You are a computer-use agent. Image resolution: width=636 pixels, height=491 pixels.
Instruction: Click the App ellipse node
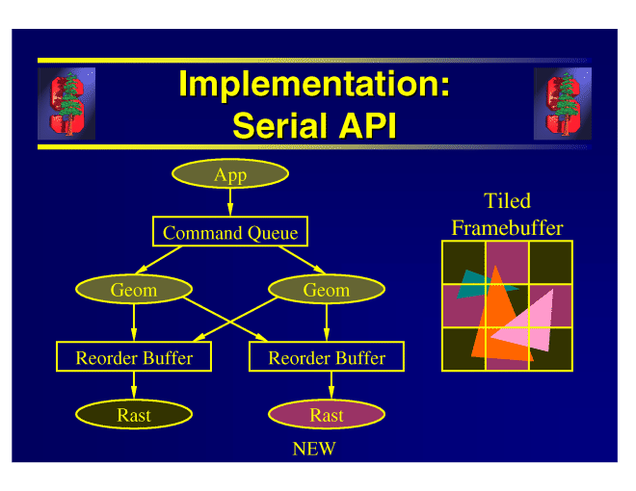tap(230, 174)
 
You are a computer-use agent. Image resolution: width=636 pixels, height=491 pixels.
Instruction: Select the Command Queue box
tap(230, 232)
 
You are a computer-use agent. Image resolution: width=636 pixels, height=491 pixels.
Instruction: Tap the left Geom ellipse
tap(133, 290)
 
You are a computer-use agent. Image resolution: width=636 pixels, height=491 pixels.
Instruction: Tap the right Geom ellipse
tap(326, 290)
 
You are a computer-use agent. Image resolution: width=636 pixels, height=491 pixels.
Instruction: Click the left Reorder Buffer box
tap(134, 357)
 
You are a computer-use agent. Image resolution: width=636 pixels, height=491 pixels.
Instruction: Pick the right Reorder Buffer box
tap(327, 357)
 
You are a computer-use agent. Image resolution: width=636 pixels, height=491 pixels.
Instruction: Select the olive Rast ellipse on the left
tap(134, 415)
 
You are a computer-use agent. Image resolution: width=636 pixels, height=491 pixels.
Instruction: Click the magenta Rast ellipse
tap(327, 415)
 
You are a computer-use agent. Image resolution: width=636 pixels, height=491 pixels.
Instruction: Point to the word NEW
tap(314, 449)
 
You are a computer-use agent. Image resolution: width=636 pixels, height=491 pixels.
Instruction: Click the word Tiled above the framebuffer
tap(507, 201)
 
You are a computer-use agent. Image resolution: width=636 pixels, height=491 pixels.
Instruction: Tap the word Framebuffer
tap(507, 228)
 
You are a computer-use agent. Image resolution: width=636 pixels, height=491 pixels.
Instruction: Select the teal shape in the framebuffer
tap(474, 284)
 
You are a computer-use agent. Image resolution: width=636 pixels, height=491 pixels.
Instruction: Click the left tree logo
tap(66, 103)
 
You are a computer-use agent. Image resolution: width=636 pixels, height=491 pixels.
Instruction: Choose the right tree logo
tap(562, 103)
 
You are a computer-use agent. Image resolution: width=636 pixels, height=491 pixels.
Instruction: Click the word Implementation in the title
tap(314, 85)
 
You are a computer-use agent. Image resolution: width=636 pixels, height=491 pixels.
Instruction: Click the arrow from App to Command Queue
tap(230, 202)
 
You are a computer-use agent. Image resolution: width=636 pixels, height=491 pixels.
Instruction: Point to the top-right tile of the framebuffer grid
tap(550, 262)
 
